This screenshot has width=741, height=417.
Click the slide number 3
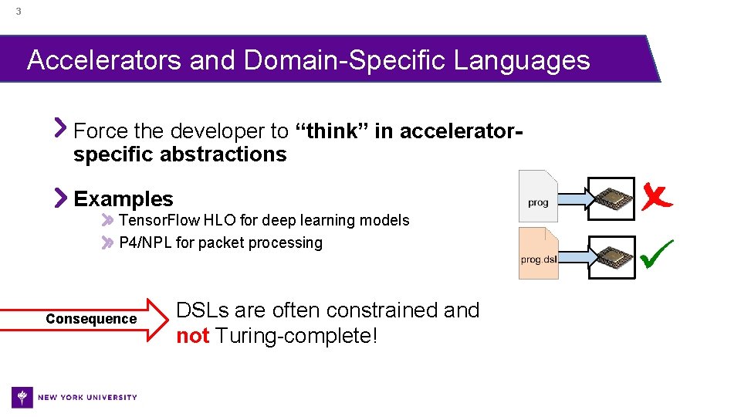click(x=18, y=12)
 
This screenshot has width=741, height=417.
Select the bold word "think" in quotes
click(x=333, y=131)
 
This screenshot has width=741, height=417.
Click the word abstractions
click(x=224, y=154)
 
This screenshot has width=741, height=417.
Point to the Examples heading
click(x=123, y=199)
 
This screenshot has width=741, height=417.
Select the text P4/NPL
click(x=145, y=243)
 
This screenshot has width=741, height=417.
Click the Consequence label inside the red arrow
click(x=91, y=319)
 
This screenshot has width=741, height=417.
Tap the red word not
click(x=192, y=337)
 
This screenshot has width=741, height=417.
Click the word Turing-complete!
click(x=296, y=337)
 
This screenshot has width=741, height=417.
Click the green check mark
click(x=656, y=253)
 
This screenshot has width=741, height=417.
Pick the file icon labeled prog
click(x=538, y=196)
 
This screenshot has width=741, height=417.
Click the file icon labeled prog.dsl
click(x=538, y=253)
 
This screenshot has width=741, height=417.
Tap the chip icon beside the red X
click(x=611, y=198)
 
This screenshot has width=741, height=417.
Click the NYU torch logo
click(x=23, y=397)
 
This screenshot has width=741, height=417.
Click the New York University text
click(x=87, y=398)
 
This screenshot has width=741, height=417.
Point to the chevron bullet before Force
click(x=60, y=127)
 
